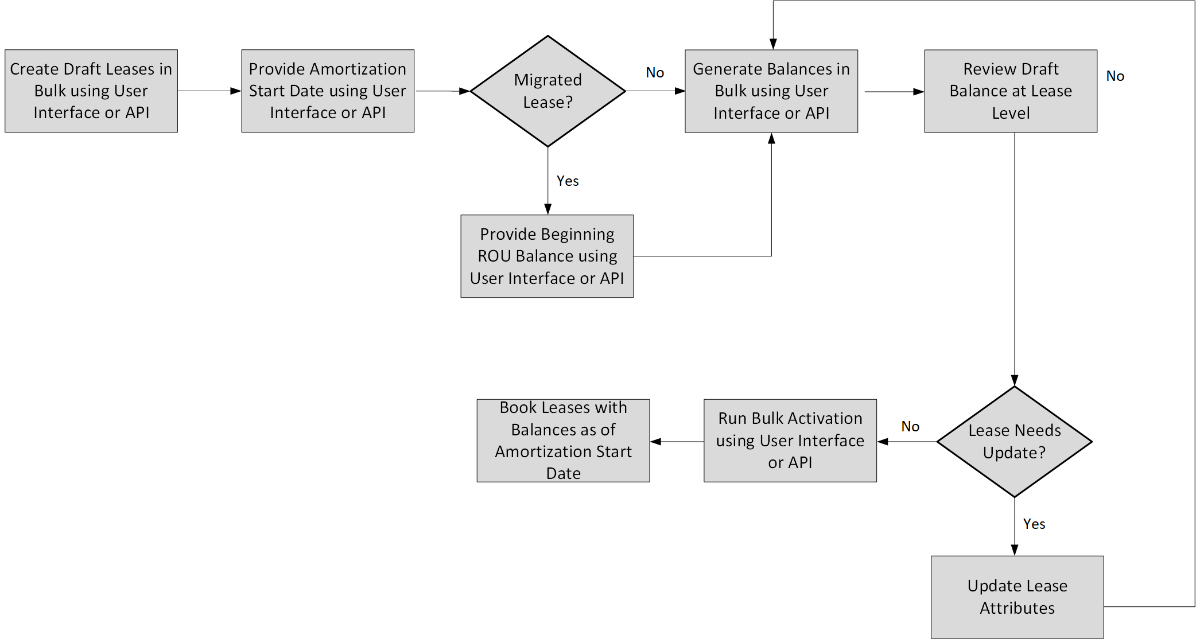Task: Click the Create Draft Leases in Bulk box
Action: pyautogui.click(x=91, y=91)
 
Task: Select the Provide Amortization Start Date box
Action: pyautogui.click(x=328, y=91)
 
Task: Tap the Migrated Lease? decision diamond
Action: pyautogui.click(x=547, y=91)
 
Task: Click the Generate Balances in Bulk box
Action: pyautogui.click(x=771, y=91)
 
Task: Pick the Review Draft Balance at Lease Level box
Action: pyautogui.click(x=1011, y=91)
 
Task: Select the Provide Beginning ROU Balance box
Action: pyautogui.click(x=547, y=256)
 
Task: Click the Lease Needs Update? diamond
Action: pyautogui.click(x=1014, y=441)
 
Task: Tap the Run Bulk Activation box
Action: pyautogui.click(x=790, y=441)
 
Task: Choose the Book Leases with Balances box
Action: pyautogui.click(x=563, y=441)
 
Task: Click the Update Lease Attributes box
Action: pyautogui.click(x=1017, y=597)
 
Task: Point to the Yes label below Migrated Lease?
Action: pyautogui.click(x=568, y=181)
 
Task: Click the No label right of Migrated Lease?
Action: pyautogui.click(x=655, y=73)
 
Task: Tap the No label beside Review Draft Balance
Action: pyautogui.click(x=1115, y=76)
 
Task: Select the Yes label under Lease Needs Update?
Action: pyautogui.click(x=1034, y=524)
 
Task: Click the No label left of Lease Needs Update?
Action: pyautogui.click(x=910, y=427)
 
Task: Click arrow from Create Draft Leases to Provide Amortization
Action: pyautogui.click(x=209, y=91)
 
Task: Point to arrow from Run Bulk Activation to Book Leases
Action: pyautogui.click(x=677, y=442)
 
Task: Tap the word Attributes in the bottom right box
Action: pyautogui.click(x=1017, y=608)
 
